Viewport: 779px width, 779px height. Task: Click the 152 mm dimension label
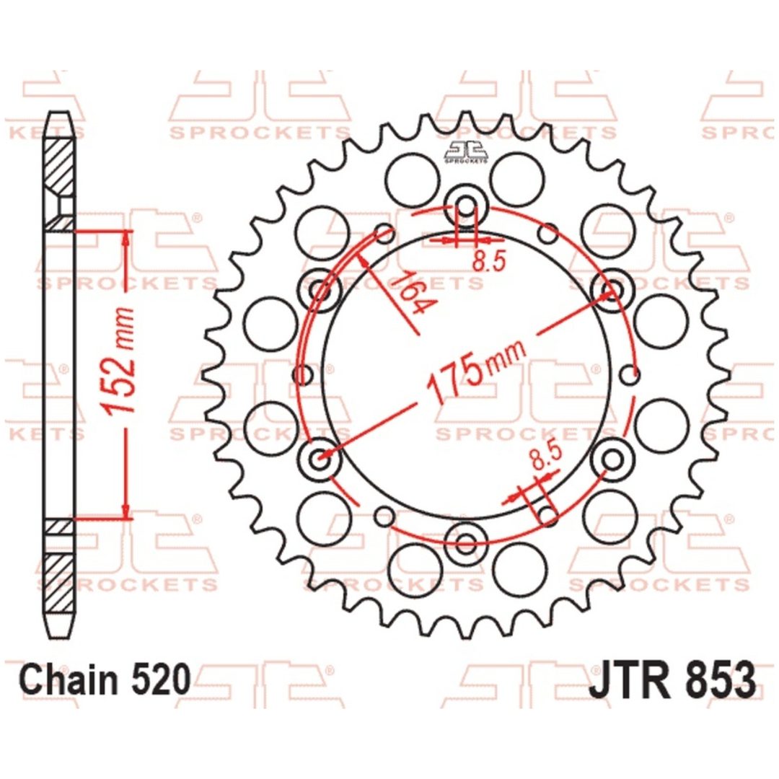click(118, 361)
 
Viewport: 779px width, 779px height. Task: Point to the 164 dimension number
click(410, 293)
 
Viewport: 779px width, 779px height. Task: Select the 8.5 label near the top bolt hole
click(489, 260)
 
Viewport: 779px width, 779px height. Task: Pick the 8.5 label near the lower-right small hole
click(545, 456)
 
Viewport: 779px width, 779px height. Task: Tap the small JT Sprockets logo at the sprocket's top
click(465, 152)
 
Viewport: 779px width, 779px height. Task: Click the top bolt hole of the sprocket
click(466, 205)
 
